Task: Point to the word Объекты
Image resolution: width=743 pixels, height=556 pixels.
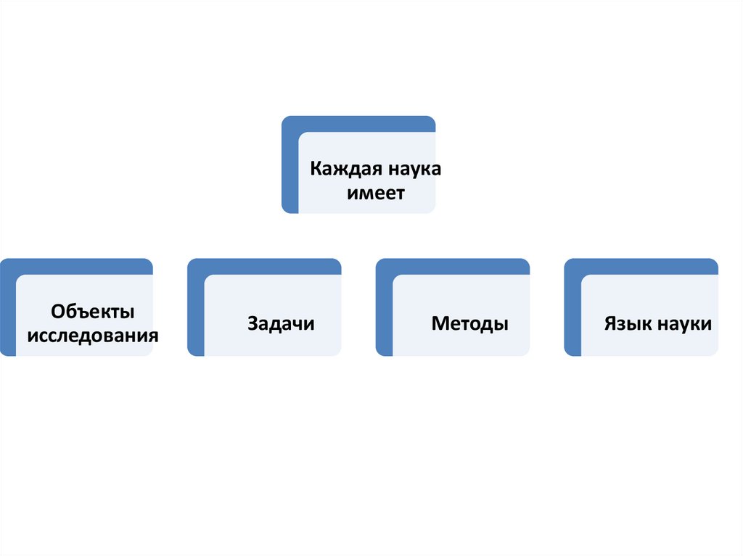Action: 93,312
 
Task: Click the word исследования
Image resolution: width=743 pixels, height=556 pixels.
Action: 93,336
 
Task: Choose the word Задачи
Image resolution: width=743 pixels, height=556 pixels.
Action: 281,323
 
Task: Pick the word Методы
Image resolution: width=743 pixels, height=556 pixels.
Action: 469,323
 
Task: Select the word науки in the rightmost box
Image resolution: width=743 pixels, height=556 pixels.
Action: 684,323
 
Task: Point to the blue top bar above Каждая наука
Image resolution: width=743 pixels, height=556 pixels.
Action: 363,123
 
